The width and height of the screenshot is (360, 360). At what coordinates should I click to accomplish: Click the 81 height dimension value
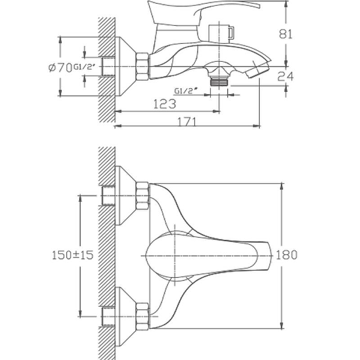[286, 34]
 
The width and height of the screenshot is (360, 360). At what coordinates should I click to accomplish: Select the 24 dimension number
[285, 76]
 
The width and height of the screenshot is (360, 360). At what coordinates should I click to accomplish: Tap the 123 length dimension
[165, 104]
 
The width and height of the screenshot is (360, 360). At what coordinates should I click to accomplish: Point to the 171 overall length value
[187, 121]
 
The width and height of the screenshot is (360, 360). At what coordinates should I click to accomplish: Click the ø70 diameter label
[60, 67]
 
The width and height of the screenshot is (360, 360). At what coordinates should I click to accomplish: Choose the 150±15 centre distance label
[73, 255]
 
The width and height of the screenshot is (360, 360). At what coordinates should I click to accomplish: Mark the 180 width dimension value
[286, 255]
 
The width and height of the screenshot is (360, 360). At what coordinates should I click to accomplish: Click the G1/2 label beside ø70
[84, 67]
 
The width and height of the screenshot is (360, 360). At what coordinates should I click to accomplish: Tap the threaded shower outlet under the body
[219, 81]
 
